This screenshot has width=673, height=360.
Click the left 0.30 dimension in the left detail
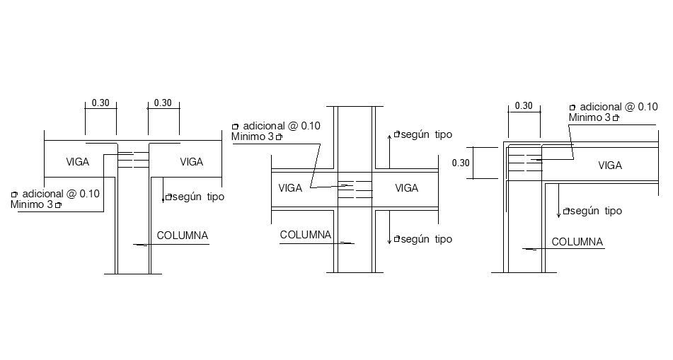point(100,103)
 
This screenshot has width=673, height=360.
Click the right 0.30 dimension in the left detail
point(163,103)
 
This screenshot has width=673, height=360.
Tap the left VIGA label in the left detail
point(78,162)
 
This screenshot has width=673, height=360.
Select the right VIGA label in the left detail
point(191,162)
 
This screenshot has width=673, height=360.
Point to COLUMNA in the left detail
point(183,236)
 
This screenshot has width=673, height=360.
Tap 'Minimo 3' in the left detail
point(36,204)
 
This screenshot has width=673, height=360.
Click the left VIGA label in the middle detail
point(290,188)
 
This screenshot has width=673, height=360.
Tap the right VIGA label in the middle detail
point(406,188)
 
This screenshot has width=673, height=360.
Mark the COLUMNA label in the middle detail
point(306,235)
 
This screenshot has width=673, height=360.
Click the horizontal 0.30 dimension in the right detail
point(524,105)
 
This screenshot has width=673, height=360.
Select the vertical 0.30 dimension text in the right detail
point(461,163)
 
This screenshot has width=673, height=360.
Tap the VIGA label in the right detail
point(610,166)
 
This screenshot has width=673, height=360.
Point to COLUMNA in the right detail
point(577,242)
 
